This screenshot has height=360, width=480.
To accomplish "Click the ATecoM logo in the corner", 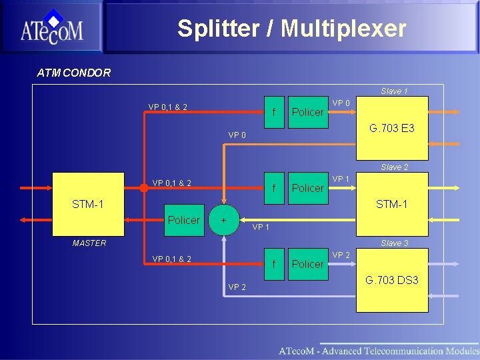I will coord(51,28).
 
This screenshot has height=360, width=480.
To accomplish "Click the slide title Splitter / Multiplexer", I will coord(291,29).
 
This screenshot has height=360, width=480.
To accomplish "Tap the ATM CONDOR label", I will coord(74,73).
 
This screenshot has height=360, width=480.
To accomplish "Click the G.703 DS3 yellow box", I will coord(391,280).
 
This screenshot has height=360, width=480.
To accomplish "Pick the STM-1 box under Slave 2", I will coord(391,204).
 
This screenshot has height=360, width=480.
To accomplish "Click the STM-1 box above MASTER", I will coord(88,204).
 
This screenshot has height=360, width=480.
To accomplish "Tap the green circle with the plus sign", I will coord(224,219).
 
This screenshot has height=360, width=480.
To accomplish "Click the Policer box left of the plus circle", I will coord(183,219).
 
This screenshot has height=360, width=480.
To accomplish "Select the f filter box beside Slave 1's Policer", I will coord(274,111).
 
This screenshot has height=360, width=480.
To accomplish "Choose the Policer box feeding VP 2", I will coord(307,264).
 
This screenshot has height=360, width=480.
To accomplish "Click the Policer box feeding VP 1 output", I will coord(307,188).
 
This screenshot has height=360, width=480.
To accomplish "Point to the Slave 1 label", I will coord(394,91).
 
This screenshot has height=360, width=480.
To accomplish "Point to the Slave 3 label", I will coord(394,243).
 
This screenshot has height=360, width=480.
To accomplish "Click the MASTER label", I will coord(89,243).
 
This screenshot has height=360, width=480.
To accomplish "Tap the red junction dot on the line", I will coord(143,188).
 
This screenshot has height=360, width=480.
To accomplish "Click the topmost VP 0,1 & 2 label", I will coord(167,107).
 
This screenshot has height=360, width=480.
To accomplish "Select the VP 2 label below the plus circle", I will coord(237,287).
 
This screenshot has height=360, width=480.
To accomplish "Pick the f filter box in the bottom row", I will coord(274,264).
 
